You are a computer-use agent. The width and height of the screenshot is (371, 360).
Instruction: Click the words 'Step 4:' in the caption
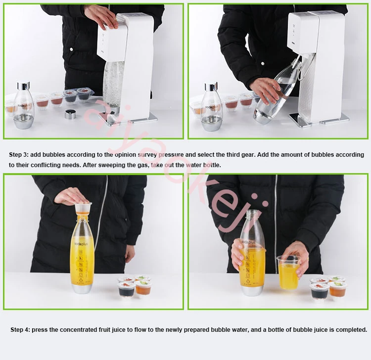pyautogui.click(x=22, y=329)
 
